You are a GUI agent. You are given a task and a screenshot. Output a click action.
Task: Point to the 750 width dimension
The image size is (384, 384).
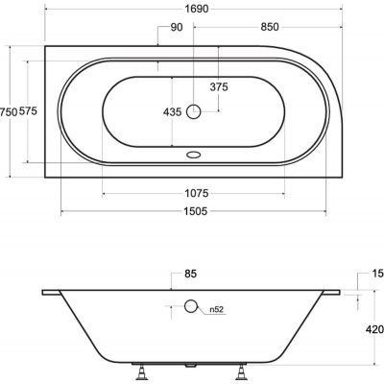coord(10,113)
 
